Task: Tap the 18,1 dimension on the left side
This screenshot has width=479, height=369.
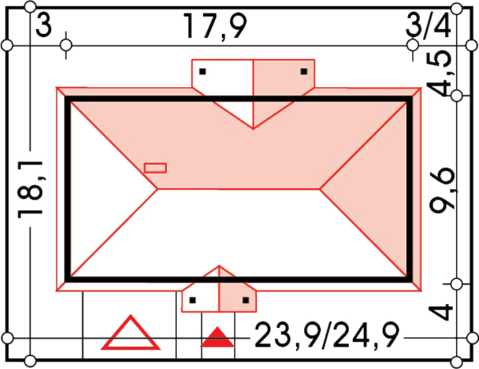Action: click(x=30, y=189)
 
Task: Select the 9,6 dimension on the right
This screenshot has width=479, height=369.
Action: click(x=442, y=190)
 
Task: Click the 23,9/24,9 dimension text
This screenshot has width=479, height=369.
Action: click(x=327, y=335)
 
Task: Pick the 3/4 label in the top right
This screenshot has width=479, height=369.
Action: click(x=428, y=26)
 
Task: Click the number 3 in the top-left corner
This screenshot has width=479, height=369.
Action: click(x=43, y=26)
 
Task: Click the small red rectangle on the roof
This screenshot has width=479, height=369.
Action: click(x=155, y=168)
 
